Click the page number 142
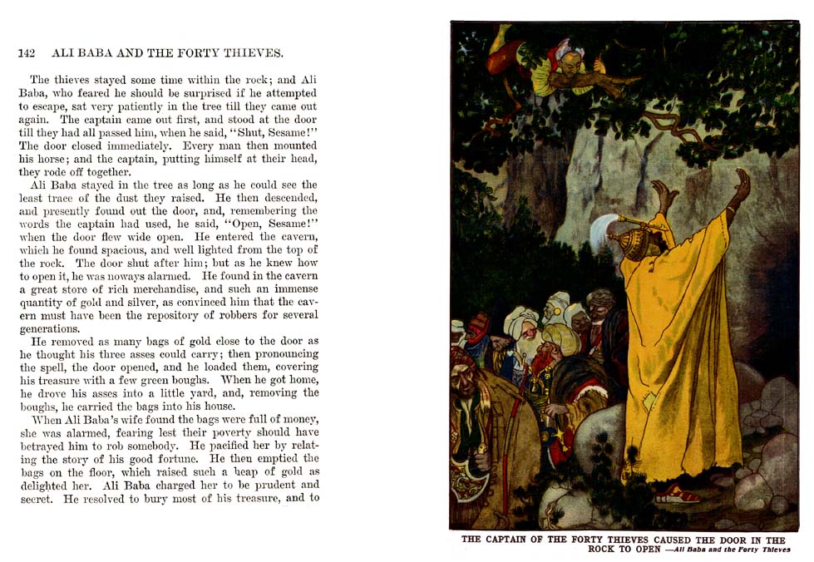click(26, 53)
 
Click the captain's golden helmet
click(625, 244)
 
